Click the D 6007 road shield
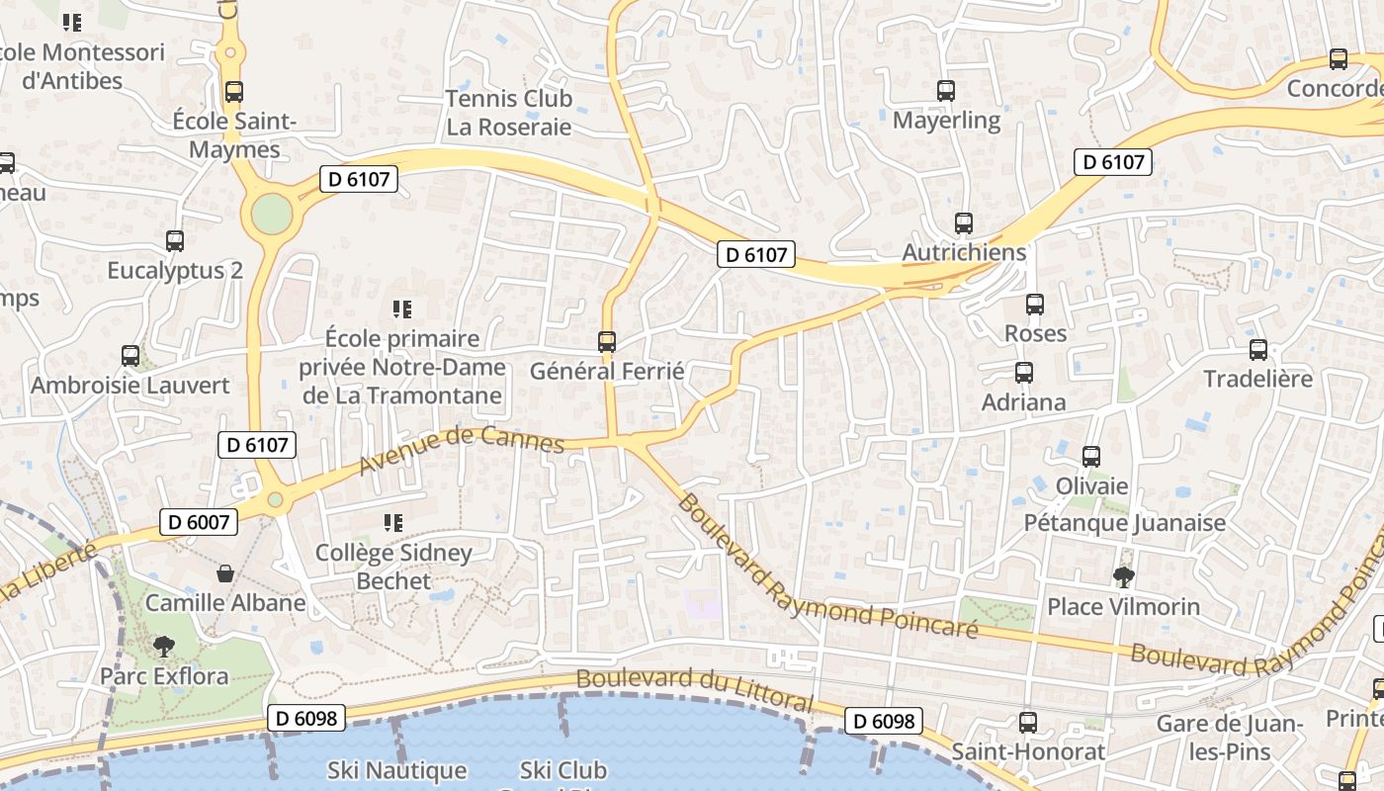click(199, 522)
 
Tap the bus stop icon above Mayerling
click(946, 91)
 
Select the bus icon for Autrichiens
click(964, 223)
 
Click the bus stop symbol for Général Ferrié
click(607, 342)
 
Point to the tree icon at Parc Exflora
click(163, 647)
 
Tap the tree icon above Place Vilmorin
click(1123, 576)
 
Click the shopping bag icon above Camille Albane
click(225, 573)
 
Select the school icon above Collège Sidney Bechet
click(393, 522)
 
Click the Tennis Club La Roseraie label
click(509, 113)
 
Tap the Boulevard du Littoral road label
click(695, 690)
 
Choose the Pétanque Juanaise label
click(1125, 522)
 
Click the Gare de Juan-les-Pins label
click(1230, 737)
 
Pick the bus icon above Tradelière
click(1258, 349)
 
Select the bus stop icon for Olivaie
click(1091, 457)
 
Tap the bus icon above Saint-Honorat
click(1028, 722)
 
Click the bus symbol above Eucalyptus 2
click(175, 240)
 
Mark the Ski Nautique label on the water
click(396, 770)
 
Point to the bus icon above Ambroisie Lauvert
click(130, 356)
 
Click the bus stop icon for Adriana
click(1024, 373)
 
